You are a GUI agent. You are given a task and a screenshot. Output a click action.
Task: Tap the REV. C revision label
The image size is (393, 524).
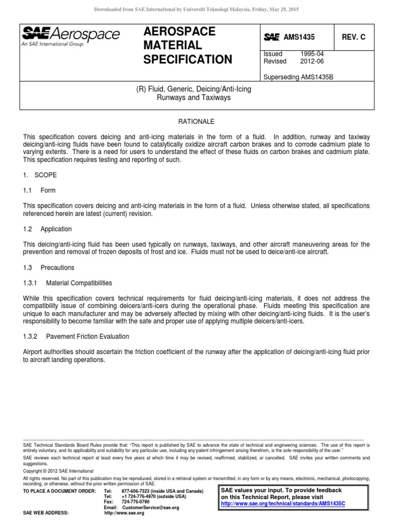click(x=354, y=37)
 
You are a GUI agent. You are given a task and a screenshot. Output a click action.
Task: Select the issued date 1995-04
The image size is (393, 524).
click(x=312, y=54)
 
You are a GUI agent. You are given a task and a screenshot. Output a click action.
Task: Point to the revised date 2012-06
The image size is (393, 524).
click(x=312, y=61)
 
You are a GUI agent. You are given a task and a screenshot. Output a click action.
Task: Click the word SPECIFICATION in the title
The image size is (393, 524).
click(x=188, y=60)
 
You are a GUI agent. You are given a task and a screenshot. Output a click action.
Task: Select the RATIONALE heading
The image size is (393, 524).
click(x=196, y=122)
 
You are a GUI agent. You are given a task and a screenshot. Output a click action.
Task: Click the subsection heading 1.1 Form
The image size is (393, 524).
click(x=39, y=190)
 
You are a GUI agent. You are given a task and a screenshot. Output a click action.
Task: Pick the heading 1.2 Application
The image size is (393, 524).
click(x=48, y=229)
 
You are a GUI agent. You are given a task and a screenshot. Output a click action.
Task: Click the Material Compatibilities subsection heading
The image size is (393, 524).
click(x=79, y=283)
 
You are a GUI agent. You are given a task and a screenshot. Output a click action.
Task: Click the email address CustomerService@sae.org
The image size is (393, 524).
click(x=151, y=508)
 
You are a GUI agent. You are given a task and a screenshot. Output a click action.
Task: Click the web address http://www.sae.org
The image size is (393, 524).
click(x=124, y=513)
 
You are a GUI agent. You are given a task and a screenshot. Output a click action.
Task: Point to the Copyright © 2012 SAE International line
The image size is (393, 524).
click(x=58, y=471)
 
